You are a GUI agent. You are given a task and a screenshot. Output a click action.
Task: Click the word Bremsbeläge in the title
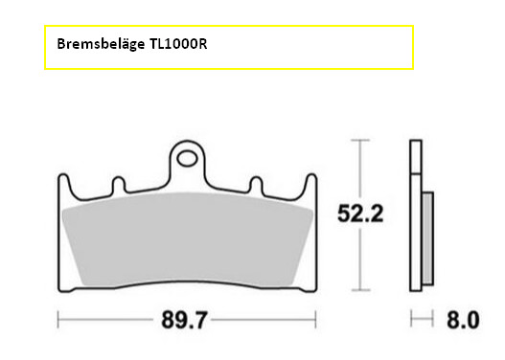(x=101, y=44)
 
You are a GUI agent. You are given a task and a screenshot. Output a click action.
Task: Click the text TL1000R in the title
(x=178, y=43)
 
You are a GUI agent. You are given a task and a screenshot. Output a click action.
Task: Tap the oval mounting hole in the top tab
(x=187, y=159)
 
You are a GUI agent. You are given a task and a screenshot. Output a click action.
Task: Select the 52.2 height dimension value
(x=360, y=214)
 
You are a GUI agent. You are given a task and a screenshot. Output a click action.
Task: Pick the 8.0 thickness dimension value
(x=463, y=320)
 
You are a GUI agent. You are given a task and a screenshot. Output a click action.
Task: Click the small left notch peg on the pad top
(x=119, y=185)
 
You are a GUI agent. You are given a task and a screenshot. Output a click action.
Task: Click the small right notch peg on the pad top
(x=257, y=185)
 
